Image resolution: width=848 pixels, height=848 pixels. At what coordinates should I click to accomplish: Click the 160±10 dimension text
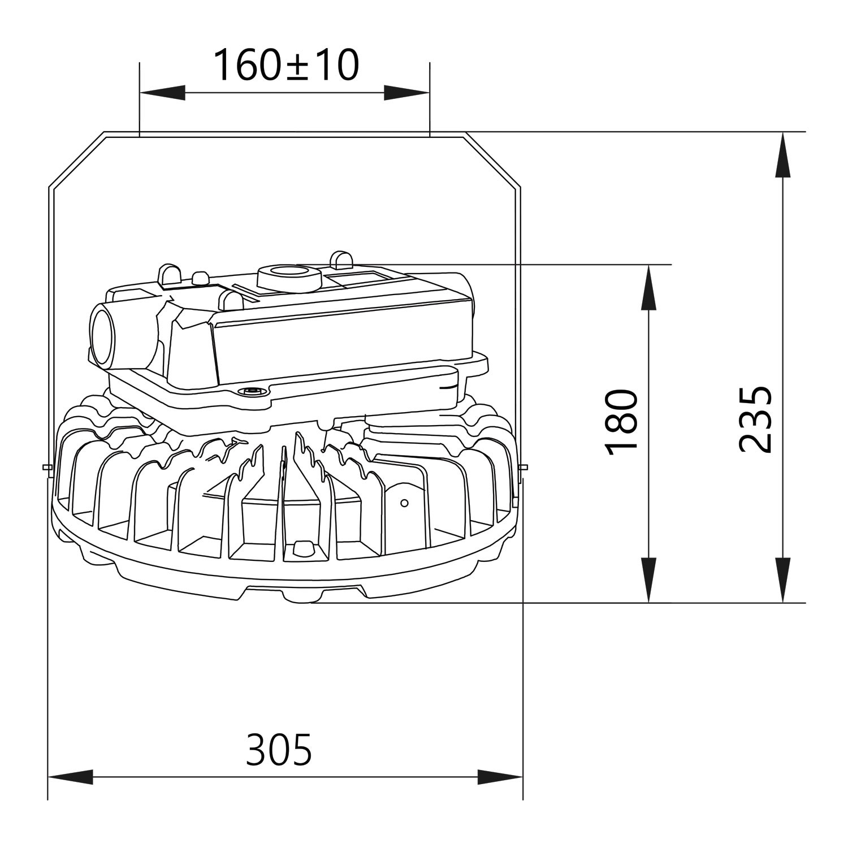point(285,64)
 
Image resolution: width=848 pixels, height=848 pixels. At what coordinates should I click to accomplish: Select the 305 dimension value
point(279,749)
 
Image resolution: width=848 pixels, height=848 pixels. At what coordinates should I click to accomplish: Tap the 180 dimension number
point(621,421)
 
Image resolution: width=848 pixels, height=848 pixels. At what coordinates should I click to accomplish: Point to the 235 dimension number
point(755,419)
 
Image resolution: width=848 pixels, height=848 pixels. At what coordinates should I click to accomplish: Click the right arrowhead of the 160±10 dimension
point(406,93)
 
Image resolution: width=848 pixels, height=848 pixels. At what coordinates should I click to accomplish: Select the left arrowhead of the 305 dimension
point(71,777)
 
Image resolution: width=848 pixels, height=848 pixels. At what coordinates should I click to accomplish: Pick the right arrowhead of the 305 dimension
point(500,777)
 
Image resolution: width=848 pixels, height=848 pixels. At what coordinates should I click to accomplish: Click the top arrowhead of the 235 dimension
point(782,155)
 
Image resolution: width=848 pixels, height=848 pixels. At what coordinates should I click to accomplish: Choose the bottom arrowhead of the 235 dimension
point(782,579)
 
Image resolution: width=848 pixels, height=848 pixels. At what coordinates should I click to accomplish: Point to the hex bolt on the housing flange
point(252,391)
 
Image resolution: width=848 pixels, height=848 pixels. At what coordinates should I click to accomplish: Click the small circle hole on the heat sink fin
point(404,503)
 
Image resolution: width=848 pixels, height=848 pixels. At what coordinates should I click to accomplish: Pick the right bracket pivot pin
point(524,467)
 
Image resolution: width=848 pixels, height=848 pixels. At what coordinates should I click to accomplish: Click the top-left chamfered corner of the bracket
point(76,160)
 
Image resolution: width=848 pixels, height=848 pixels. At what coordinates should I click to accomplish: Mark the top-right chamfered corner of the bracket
point(492,160)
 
